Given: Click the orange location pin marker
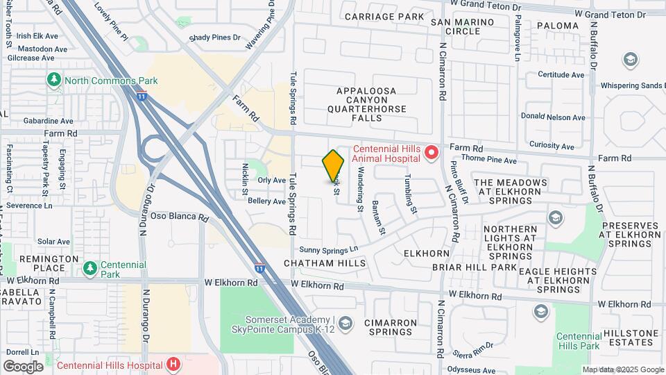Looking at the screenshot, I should click(333, 165).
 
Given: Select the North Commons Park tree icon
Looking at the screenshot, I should click(54, 81).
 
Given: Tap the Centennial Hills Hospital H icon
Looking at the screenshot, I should click(173, 364).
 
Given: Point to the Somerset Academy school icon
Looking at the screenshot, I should click(347, 323).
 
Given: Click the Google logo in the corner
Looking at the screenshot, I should click(23, 367).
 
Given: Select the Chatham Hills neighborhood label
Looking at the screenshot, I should click(325, 264).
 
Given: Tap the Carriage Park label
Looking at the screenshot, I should click(384, 16).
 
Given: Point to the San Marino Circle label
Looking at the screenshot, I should click(463, 26).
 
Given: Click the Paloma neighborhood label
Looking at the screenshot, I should click(556, 26).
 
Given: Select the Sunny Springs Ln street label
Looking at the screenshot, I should click(329, 249).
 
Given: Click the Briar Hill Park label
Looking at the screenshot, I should click(475, 267).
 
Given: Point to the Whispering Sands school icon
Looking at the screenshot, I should click(631, 59).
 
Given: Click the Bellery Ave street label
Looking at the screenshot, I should click(266, 201).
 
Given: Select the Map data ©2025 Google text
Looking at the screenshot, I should click(622, 369).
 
